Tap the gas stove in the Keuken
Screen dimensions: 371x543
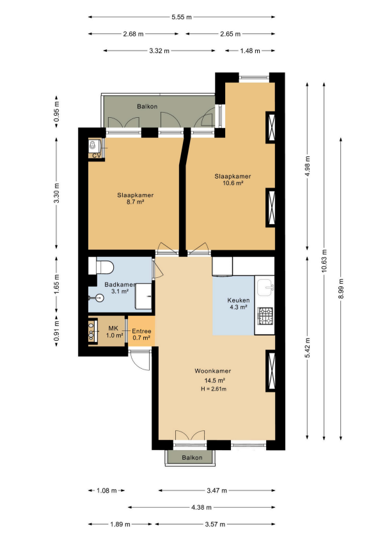pos(265,316)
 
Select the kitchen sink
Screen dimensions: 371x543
pos(265,288)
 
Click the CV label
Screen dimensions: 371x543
pos(96,156)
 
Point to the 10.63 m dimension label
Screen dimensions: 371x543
pos(324,261)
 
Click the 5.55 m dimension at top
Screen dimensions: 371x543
pos(182,17)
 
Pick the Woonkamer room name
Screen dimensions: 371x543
pos(212,371)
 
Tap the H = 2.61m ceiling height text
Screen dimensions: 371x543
pos(214,389)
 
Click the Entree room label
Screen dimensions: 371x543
pos(141,331)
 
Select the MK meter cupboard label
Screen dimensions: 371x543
pos(113,328)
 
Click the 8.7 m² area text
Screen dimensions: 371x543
pos(135,202)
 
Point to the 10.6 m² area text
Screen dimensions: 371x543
pos(233,183)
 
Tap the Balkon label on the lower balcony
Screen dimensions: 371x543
pos(192,457)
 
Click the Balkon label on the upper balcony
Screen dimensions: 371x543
pos(147,106)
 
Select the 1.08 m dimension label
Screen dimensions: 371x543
pos(106,490)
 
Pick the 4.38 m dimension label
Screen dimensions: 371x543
pos(201,507)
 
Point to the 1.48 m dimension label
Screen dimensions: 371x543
pos(250,51)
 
